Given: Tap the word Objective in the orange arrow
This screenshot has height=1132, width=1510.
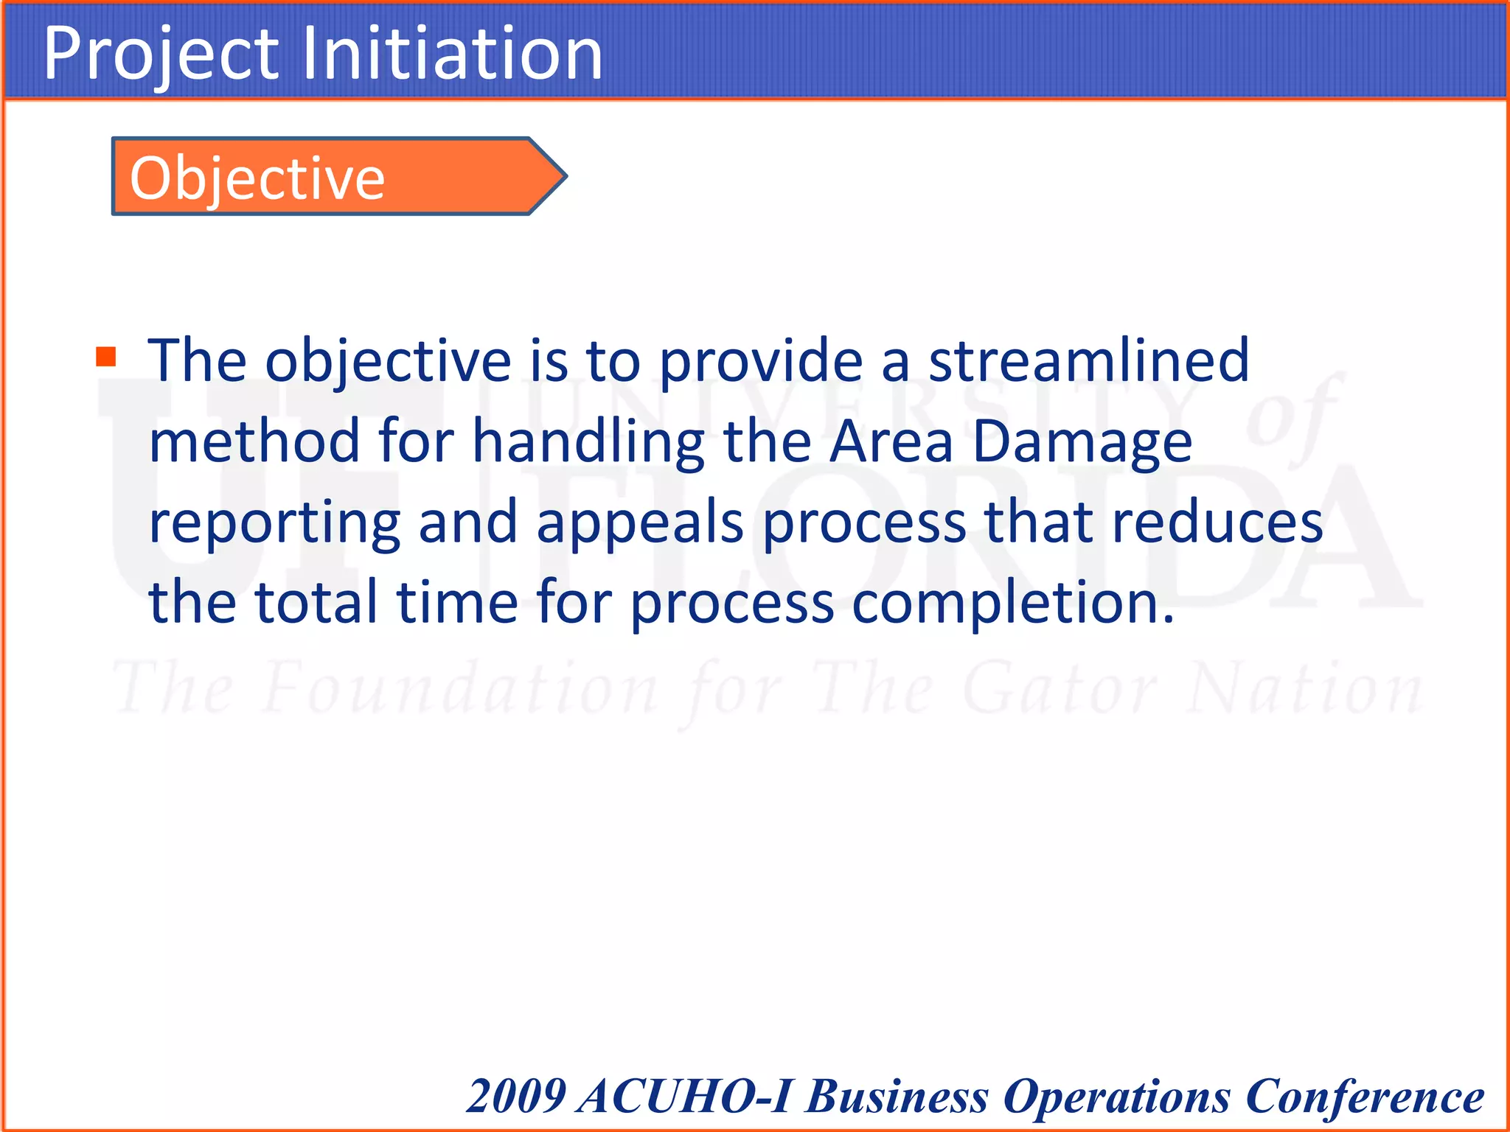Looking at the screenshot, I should point(257,178).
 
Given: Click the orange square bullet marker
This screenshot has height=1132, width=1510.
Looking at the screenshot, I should point(106,357).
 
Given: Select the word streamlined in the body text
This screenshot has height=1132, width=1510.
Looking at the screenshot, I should point(1088,360).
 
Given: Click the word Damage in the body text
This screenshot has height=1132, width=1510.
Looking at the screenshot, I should point(1082,441).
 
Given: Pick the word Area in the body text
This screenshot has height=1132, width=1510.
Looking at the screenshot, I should point(891,441).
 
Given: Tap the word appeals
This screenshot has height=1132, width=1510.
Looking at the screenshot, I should point(640,523).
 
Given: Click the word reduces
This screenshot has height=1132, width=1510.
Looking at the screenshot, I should point(1217,523).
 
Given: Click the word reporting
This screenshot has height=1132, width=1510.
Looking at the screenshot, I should point(274,523).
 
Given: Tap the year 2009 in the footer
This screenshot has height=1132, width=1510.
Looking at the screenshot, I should point(516,1096).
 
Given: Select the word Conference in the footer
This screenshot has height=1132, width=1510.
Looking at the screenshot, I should point(1364,1096).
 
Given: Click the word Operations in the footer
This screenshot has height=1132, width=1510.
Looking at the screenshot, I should point(1116,1096).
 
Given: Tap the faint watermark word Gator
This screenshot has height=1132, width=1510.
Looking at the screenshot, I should point(1060,689).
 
